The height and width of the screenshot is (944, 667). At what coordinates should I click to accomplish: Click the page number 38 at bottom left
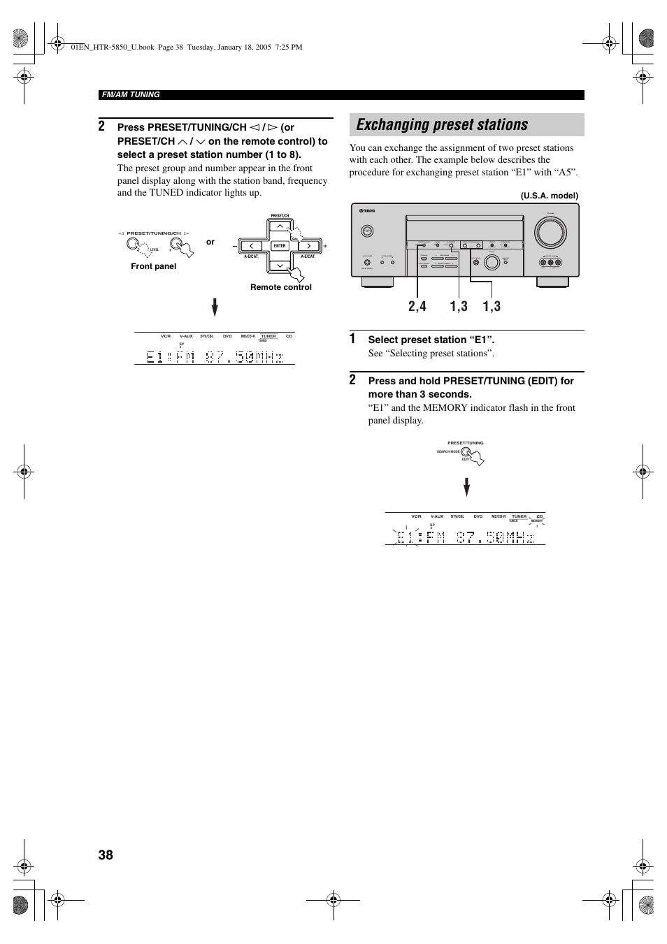(x=106, y=855)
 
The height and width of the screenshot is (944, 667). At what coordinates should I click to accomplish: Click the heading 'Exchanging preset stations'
(x=442, y=125)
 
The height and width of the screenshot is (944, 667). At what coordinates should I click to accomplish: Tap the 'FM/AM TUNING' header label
(x=131, y=94)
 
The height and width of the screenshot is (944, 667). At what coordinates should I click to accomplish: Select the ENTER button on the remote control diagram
(x=280, y=246)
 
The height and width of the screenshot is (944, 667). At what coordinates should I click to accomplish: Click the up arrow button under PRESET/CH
(x=280, y=226)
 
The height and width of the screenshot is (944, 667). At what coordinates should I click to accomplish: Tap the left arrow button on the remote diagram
(x=251, y=246)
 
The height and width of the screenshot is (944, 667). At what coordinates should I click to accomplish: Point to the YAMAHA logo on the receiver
(x=367, y=211)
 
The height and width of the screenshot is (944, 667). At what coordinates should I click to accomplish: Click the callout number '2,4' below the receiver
(x=416, y=306)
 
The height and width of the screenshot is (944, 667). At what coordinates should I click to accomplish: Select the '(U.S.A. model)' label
(x=549, y=196)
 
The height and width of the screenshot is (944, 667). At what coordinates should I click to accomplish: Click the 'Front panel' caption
(x=153, y=266)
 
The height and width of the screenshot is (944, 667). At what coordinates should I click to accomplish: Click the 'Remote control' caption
(x=281, y=287)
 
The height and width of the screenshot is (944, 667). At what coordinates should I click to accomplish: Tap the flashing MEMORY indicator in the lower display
(x=536, y=521)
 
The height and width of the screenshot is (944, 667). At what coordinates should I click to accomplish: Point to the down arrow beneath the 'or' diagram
(x=215, y=308)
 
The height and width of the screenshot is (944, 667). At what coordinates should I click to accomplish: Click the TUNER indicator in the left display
(x=268, y=336)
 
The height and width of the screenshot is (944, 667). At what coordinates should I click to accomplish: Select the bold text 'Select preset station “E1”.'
(x=431, y=340)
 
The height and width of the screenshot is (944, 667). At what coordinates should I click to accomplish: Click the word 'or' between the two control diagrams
(x=210, y=242)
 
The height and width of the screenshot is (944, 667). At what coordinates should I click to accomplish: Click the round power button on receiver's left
(x=368, y=231)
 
